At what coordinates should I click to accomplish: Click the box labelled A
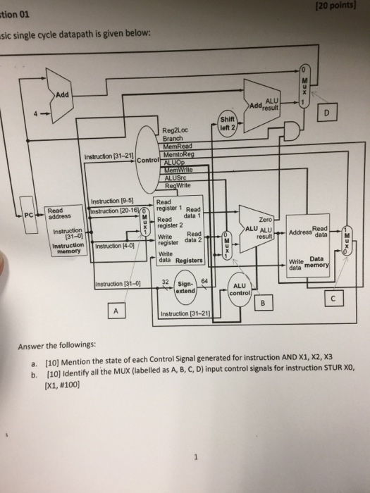click(115, 311)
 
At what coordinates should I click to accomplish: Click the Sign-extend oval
click(187, 287)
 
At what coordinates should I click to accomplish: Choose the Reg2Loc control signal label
click(173, 130)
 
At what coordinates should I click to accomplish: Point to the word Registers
click(188, 260)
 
